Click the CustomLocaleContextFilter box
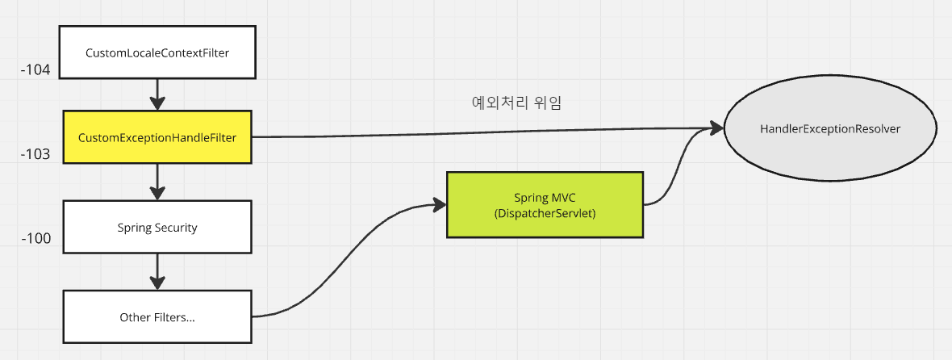157,52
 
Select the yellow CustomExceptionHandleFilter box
157,138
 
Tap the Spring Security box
157,227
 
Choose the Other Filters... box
157,316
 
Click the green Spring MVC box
545,204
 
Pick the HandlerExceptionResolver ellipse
830,129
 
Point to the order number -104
36,71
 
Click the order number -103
36,154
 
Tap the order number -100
36,239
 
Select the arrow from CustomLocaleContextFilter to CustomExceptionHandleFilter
157,93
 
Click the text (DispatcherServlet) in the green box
545,212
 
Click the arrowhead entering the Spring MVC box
440,205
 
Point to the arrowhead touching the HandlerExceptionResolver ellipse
716,128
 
